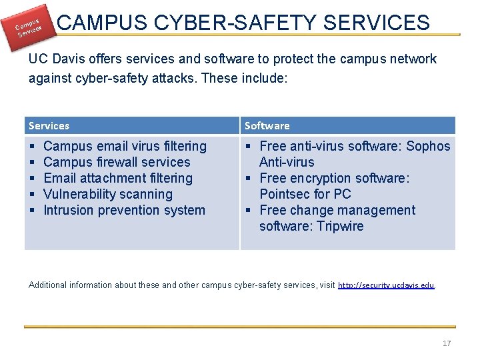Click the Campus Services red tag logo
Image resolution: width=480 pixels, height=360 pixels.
29,25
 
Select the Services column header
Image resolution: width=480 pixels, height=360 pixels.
49,125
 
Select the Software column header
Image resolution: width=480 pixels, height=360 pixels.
267,125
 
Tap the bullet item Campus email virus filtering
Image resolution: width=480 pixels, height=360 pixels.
125,146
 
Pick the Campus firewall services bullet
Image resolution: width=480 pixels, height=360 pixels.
117,162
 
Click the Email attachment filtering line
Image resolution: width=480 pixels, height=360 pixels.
117,178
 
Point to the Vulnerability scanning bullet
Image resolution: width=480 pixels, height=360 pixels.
107,194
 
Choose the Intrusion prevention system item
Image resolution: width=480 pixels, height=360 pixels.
124,210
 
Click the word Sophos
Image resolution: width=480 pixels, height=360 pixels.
428,146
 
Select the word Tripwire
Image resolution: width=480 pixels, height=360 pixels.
340,226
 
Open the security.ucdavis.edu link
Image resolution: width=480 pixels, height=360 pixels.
386,285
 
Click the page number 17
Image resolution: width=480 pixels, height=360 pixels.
447,343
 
